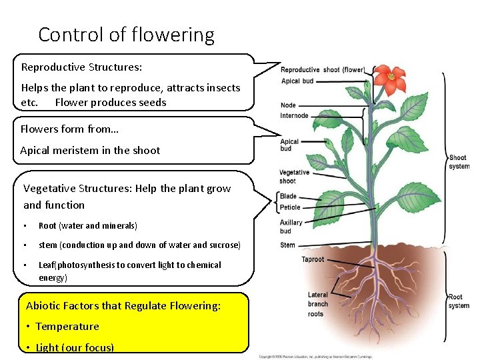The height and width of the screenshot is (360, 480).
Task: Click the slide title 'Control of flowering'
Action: (x=126, y=35)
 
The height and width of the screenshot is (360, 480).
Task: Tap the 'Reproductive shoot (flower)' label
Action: (x=323, y=70)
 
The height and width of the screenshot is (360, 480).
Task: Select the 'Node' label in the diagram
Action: (x=288, y=105)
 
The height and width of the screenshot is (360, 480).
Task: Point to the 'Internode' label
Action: (x=294, y=116)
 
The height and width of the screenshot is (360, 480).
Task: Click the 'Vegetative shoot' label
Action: (x=294, y=177)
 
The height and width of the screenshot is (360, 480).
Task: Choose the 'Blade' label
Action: (x=288, y=197)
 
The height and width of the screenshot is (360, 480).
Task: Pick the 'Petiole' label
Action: (x=290, y=207)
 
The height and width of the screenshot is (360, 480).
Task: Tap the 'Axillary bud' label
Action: (x=291, y=227)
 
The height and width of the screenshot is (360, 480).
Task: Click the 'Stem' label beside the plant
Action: (x=287, y=245)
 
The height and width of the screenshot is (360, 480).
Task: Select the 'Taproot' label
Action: (x=313, y=260)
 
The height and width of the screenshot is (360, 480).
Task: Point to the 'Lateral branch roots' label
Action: (x=317, y=304)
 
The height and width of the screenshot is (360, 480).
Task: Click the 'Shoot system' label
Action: (x=459, y=162)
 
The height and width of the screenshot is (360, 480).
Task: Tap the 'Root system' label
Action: (x=459, y=301)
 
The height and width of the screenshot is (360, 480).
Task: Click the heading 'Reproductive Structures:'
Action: (x=81, y=67)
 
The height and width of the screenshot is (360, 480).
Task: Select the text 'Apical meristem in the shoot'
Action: (x=90, y=151)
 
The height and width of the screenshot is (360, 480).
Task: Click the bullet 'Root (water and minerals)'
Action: (x=88, y=226)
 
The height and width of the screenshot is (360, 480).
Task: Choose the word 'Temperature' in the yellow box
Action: (x=67, y=327)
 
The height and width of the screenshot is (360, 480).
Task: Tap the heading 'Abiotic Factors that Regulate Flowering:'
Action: (x=123, y=306)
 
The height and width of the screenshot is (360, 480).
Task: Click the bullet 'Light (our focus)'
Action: (x=75, y=347)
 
